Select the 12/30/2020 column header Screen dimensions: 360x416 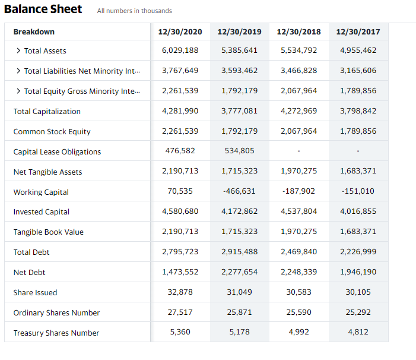click(180, 31)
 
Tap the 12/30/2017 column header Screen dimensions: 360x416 click(358, 31)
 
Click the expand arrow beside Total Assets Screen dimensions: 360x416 click(18, 51)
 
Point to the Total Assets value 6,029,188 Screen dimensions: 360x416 click(180, 50)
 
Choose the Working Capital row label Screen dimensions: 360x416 click(41, 192)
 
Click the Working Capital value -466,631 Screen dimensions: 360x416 click(239, 191)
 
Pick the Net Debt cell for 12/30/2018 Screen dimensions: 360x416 click(298, 271)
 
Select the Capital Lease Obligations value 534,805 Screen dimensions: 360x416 click(239, 151)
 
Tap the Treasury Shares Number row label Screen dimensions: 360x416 click(56, 333)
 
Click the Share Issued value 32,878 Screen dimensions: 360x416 click(180, 292)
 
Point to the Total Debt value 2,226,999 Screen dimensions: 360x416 click(358, 252)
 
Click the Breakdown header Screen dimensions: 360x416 click(34, 31)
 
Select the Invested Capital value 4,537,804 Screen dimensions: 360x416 click(298, 211)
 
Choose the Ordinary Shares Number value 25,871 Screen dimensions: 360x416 click(239, 312)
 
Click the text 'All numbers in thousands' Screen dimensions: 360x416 click(134, 11)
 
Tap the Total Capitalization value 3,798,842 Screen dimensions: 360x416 click(358, 111)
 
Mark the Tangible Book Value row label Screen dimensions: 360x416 click(48, 232)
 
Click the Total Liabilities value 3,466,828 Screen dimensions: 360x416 click(298, 71)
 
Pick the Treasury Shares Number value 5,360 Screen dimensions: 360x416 click(180, 332)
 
